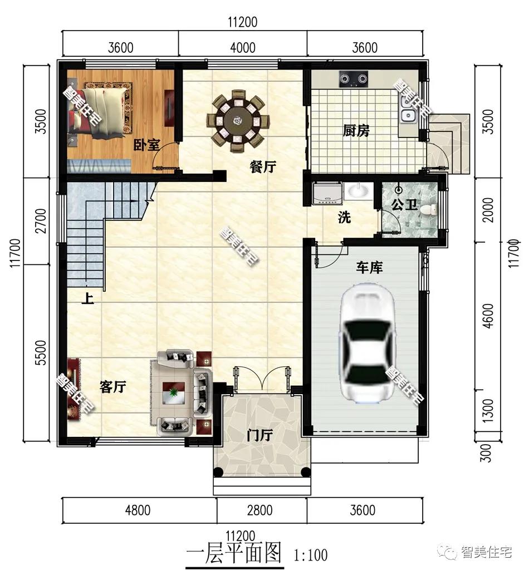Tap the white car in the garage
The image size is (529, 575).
pyautogui.click(x=368, y=340)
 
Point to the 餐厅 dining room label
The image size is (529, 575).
pyautogui.click(x=263, y=167)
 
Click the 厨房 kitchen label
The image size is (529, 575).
pyautogui.click(x=356, y=131)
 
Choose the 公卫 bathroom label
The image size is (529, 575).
pyautogui.click(x=404, y=204)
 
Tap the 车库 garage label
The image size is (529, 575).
pyautogui.click(x=369, y=268)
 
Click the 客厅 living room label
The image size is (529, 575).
pyautogui.click(x=113, y=386)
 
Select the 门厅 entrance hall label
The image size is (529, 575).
pyautogui.click(x=259, y=436)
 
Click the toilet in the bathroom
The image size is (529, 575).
pyautogui.click(x=428, y=210)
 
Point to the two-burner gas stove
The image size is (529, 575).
pyautogui.click(x=353, y=79)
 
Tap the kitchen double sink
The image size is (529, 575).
pyautogui.click(x=407, y=110)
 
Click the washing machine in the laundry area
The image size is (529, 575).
pyautogui.click(x=327, y=193)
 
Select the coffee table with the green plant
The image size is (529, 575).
pyautogui.click(x=174, y=393)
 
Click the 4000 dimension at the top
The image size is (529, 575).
pyautogui.click(x=243, y=48)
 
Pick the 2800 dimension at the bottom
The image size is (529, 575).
pyautogui.click(x=259, y=510)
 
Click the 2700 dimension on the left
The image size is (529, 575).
pyautogui.click(x=42, y=220)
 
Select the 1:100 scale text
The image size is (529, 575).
pyautogui.click(x=310, y=555)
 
